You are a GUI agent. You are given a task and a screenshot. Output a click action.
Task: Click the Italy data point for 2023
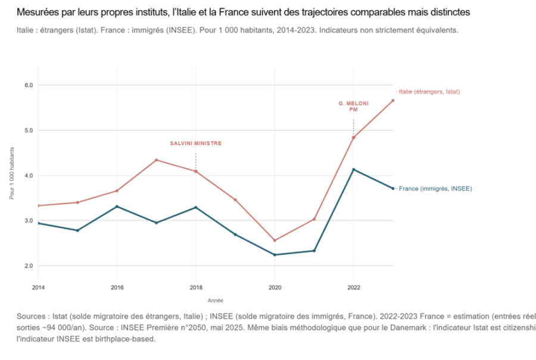tap(393, 101)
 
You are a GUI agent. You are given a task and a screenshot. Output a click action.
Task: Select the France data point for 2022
tap(354, 170)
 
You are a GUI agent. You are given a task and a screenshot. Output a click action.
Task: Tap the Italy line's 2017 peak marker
tap(156, 160)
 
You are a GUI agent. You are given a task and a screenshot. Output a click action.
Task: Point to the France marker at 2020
tap(275, 255)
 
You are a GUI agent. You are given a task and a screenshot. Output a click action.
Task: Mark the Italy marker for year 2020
tap(275, 240)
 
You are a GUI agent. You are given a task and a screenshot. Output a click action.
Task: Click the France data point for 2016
tap(117, 206)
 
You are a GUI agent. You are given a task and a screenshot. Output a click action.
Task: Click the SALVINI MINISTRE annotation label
tap(195, 143)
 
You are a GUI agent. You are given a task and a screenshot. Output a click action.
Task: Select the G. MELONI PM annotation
tap(353, 107)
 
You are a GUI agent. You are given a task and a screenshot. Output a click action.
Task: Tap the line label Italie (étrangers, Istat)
tap(429, 92)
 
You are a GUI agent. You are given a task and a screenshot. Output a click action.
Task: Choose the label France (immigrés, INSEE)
tap(435, 189)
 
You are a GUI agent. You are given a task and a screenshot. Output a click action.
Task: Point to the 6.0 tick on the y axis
tap(28, 85)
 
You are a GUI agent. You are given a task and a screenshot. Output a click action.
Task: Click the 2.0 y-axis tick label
tap(28, 266)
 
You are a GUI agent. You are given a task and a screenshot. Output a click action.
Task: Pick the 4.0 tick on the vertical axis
tap(28, 176)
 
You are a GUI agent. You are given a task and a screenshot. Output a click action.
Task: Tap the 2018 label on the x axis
tap(195, 287)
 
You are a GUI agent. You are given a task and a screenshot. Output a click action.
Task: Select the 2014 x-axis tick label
tap(38, 287)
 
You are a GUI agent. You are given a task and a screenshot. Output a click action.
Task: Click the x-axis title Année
tap(215, 300)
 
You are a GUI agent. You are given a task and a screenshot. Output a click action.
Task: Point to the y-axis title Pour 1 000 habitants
tap(12, 176)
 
